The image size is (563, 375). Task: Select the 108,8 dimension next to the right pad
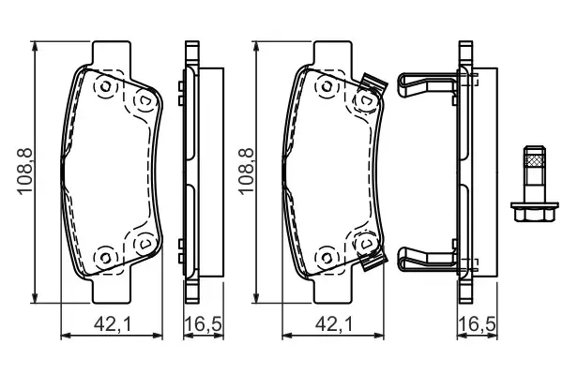[x=245, y=169]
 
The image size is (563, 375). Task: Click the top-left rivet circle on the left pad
[x=104, y=88]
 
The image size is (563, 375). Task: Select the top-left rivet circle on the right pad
[x=327, y=88]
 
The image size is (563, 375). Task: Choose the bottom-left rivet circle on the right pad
[x=327, y=254]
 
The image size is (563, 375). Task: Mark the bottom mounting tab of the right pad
[x=336, y=290]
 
